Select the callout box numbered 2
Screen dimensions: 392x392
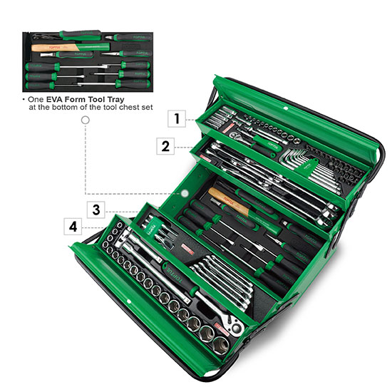[x=165, y=147]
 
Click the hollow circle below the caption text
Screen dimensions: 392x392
[x=86, y=122]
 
